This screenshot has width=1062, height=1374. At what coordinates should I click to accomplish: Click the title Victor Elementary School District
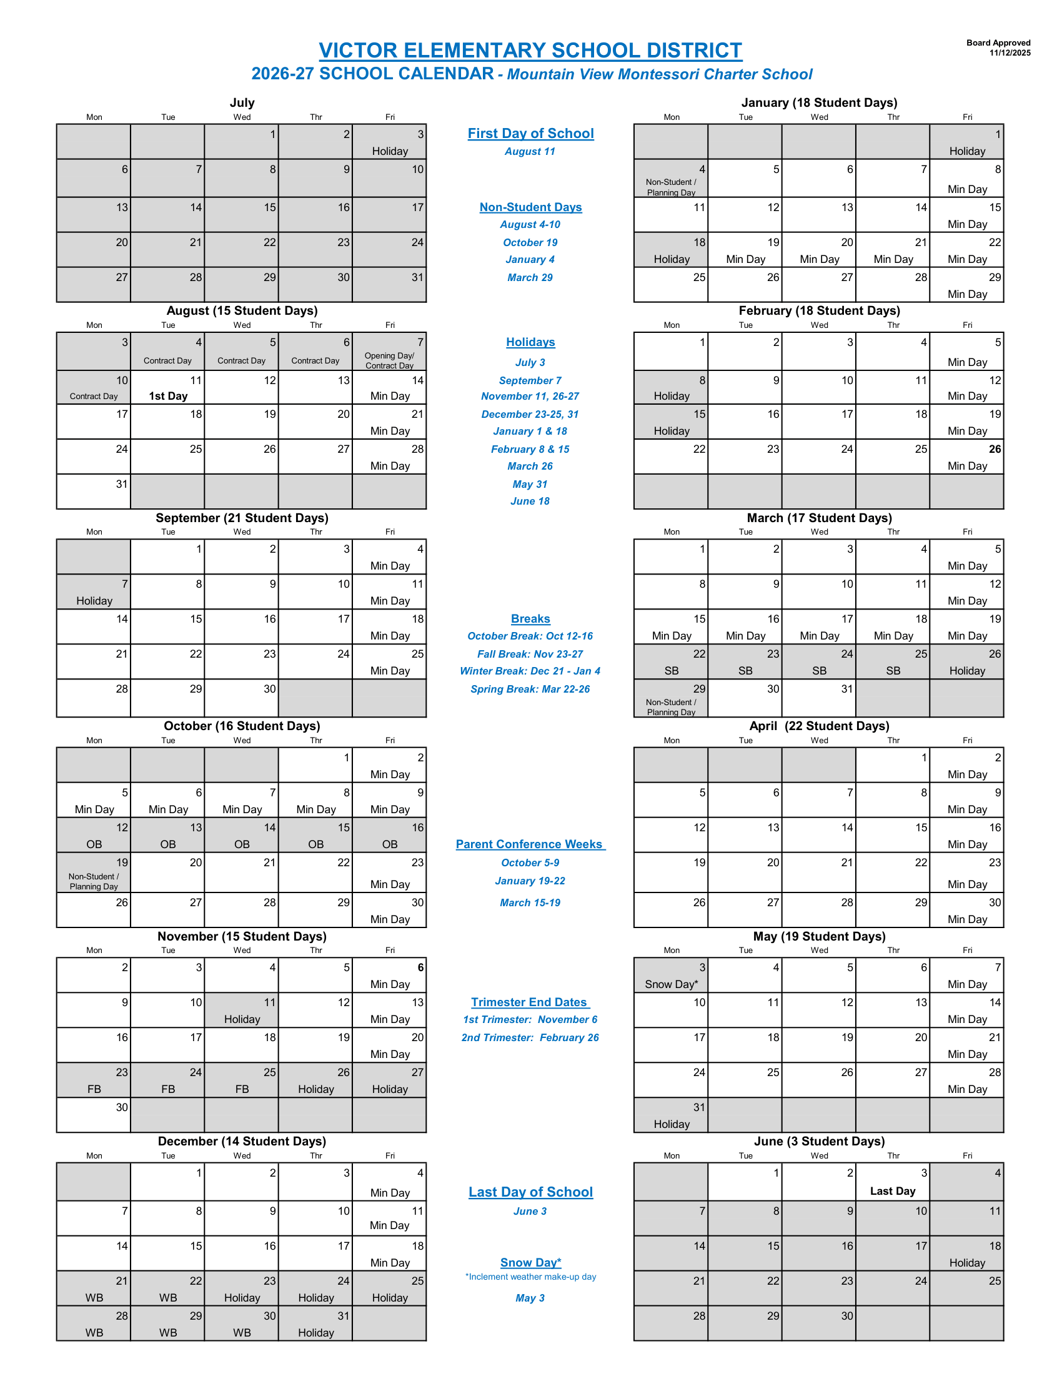click(530, 51)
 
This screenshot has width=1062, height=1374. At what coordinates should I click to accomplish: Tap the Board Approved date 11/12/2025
click(1010, 53)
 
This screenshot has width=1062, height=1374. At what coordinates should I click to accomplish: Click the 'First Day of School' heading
click(530, 134)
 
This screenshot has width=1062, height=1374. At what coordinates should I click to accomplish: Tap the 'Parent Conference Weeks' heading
click(530, 844)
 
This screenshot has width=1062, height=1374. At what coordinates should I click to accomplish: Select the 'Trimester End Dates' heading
click(530, 1002)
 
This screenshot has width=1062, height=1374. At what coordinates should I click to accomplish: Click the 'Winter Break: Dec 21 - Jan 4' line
click(530, 671)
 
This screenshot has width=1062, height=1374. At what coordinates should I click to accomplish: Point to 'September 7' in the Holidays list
click(530, 380)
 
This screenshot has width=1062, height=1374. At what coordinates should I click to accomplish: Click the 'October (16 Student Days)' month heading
click(242, 726)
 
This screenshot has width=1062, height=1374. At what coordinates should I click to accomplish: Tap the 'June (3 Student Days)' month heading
click(819, 1141)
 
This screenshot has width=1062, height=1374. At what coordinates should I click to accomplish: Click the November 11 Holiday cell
click(242, 1011)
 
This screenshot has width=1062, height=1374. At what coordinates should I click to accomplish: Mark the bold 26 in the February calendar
click(995, 449)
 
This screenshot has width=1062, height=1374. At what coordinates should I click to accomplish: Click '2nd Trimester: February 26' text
click(530, 1037)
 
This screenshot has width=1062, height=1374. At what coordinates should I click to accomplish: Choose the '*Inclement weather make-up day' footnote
click(530, 1277)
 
